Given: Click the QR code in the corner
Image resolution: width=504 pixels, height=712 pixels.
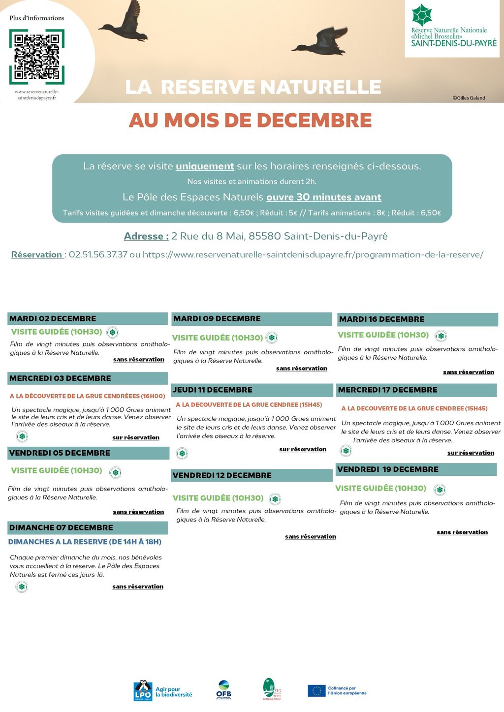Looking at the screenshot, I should pyautogui.click(x=37, y=57).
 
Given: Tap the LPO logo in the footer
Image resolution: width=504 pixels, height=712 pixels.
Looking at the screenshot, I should pyautogui.click(x=143, y=690).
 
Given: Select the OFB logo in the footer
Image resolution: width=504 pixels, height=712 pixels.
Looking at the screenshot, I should pyautogui.click(x=223, y=689).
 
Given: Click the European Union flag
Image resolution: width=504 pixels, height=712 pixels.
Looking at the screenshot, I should pyautogui.click(x=316, y=691).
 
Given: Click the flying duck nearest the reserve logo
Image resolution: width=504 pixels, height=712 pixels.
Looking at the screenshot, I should pyautogui.click(x=322, y=42).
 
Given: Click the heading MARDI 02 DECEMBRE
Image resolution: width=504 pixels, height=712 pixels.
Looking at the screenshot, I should pyautogui.click(x=53, y=319).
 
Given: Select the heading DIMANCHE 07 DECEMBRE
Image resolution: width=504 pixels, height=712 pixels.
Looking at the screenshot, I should pyautogui.click(x=61, y=527).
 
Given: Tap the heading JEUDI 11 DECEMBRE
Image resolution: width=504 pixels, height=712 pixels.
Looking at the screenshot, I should pyautogui.click(x=212, y=390).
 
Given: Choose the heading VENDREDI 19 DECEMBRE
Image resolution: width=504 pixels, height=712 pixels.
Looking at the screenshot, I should pyautogui.click(x=387, y=469).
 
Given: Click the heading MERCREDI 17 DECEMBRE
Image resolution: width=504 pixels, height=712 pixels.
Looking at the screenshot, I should pyautogui.click(x=387, y=390).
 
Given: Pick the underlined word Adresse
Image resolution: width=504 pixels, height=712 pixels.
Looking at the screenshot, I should pyautogui.click(x=146, y=236).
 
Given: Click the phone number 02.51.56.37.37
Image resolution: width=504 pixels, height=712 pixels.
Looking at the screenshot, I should pyautogui.click(x=98, y=254).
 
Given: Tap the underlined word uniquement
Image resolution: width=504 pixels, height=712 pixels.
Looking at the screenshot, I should pyautogui.click(x=205, y=166).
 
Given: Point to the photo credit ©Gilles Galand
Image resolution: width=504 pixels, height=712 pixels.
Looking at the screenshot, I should pyautogui.click(x=469, y=98).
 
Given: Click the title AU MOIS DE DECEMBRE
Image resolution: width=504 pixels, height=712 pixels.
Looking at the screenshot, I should pyautogui.click(x=250, y=121).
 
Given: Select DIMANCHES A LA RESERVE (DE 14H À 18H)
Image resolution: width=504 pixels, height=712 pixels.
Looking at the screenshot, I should pyautogui.click(x=85, y=542).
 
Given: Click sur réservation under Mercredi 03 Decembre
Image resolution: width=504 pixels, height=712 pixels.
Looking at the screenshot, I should pyautogui.click(x=136, y=437).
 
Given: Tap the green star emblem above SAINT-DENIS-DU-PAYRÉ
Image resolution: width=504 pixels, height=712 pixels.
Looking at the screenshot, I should pyautogui.click(x=421, y=15).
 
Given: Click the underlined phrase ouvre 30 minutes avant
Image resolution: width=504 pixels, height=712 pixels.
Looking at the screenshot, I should pyautogui.click(x=324, y=197).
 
